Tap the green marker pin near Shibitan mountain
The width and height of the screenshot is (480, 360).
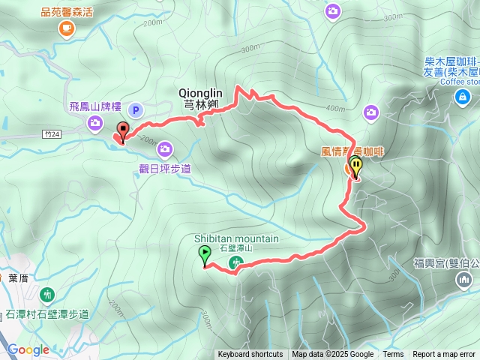tap(205, 256)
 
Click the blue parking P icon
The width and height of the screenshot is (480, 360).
tap(136, 110)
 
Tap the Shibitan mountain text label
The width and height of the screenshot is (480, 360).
tap(236, 238)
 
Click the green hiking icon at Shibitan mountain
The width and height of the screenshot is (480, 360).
tap(236, 262)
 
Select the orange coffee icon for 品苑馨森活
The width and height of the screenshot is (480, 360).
tap(66, 28)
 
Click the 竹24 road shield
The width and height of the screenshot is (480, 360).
tap(51, 133)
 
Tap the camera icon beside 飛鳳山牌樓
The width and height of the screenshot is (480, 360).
tap(96, 123)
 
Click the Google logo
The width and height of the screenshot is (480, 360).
tap(28, 349)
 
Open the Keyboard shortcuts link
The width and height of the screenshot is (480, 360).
tap(250, 355)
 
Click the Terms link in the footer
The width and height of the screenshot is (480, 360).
tap(393, 355)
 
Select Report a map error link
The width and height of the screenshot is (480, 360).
tap(445, 355)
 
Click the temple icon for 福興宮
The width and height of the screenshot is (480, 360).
tap(463, 280)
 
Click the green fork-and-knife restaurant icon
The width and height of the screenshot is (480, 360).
tap(49, 293)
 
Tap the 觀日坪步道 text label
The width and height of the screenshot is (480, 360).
tap(164, 169)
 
